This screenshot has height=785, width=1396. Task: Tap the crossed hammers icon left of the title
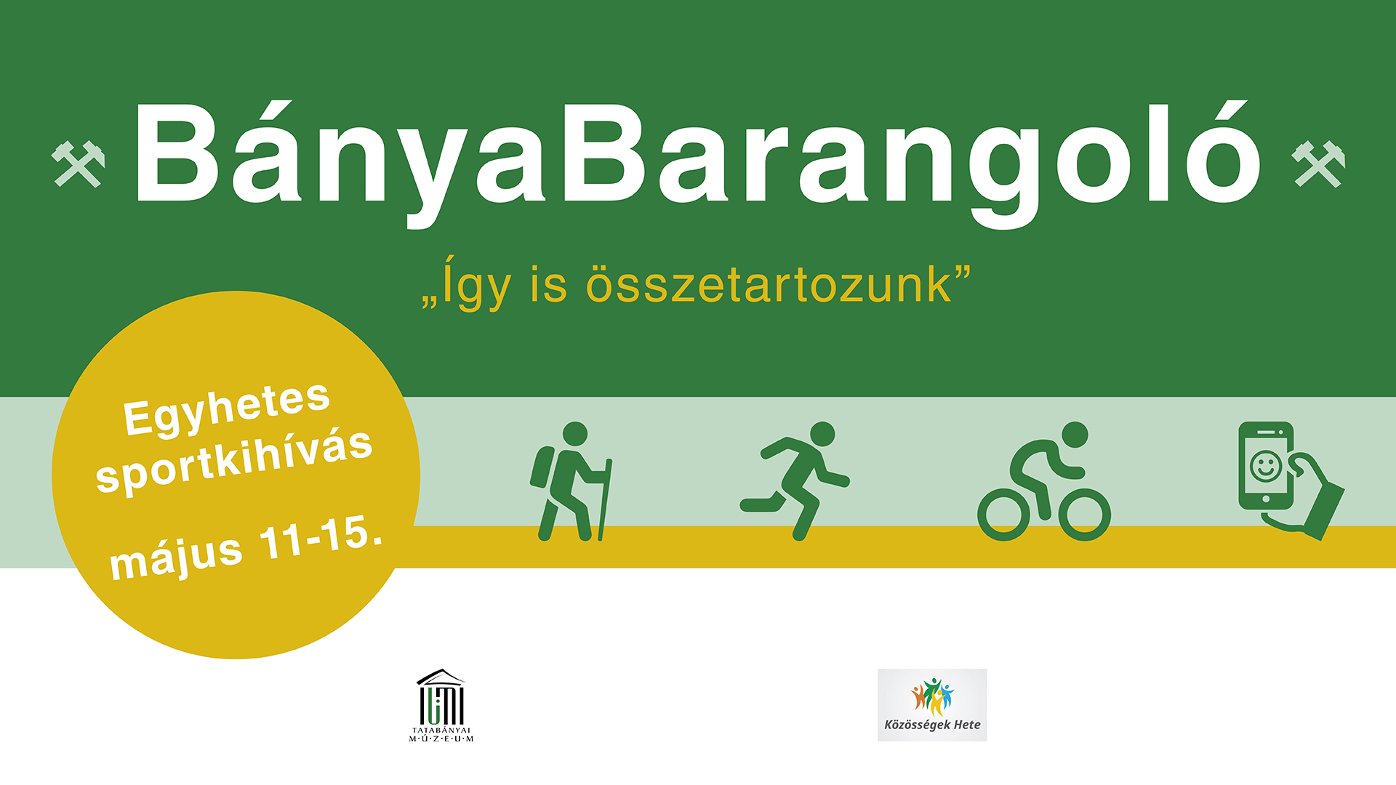pyautogui.click(x=78, y=164)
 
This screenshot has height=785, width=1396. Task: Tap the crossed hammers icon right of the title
pyautogui.click(x=1318, y=164)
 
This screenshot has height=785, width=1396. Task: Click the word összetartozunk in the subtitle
pyautogui.click(x=769, y=284)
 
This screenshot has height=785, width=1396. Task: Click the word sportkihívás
pyautogui.click(x=234, y=462)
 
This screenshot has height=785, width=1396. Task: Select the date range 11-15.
pyautogui.click(x=321, y=539)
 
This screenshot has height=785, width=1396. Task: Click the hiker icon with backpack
pyautogui.click(x=571, y=481)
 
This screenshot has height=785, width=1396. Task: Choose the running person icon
pyautogui.click(x=795, y=480)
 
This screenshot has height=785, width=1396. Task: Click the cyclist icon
pyautogui.click(x=1044, y=481)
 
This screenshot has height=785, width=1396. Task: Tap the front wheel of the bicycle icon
pyautogui.click(x=1085, y=515)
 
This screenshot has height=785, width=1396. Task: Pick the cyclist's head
pyautogui.click(x=1075, y=435)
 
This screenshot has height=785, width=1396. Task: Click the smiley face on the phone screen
pyautogui.click(x=1265, y=466)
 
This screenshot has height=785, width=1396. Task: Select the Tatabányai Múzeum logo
pyautogui.click(x=441, y=706)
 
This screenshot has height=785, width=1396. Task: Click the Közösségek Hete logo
pyautogui.click(x=932, y=705)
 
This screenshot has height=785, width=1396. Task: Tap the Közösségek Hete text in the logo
pyautogui.click(x=932, y=725)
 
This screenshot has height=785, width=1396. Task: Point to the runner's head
pyautogui.click(x=822, y=434)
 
